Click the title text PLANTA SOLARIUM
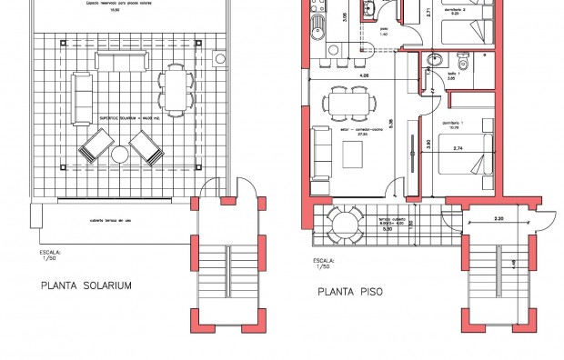[87, 285]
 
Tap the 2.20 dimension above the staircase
[499, 219]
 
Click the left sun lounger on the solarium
[95, 145]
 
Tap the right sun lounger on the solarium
[146, 145]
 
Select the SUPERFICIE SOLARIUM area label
[121, 119]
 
